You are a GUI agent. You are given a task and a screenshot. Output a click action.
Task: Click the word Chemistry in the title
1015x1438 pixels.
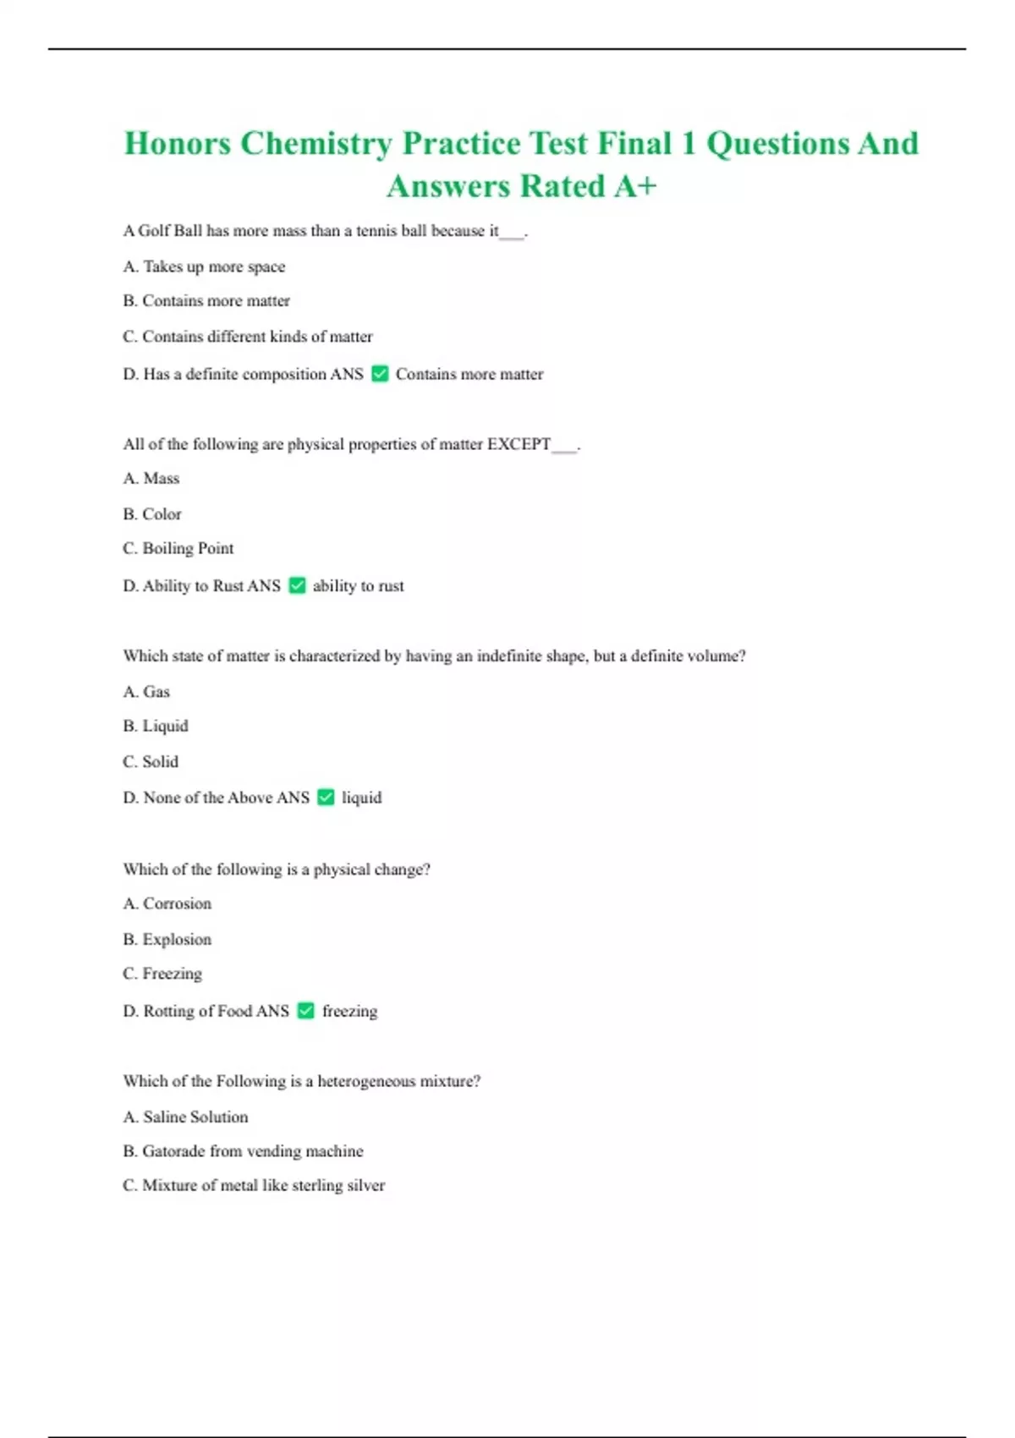click(315, 144)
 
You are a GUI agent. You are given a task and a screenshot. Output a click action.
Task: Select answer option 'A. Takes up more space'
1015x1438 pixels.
click(204, 266)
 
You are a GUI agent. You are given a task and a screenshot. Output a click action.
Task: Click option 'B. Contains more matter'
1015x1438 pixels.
click(206, 301)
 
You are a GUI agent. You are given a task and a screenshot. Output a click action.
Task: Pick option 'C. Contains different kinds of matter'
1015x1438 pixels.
click(248, 337)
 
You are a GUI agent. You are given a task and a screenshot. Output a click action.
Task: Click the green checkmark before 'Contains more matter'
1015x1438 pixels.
click(380, 374)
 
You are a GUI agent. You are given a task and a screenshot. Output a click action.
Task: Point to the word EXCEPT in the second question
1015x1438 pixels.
click(518, 444)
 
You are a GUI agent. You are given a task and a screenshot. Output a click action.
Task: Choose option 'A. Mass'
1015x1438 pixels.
click(151, 479)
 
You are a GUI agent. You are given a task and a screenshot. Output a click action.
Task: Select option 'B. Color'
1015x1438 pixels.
click(152, 514)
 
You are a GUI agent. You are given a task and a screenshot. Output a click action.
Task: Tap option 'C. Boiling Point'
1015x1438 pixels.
click(178, 548)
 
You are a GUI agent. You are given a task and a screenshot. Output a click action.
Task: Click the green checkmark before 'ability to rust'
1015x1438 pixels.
click(297, 585)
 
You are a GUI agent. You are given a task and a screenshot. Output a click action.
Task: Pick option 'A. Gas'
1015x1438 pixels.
click(146, 692)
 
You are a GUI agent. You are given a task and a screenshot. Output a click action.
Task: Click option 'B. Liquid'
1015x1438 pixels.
click(156, 726)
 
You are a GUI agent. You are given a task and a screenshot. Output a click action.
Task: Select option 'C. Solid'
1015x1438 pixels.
click(151, 761)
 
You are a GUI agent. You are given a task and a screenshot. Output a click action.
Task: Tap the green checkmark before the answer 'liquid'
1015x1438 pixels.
click(326, 797)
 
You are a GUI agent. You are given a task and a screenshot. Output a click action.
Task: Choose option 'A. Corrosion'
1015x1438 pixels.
click(167, 903)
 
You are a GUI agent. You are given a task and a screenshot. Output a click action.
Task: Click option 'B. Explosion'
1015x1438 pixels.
click(167, 939)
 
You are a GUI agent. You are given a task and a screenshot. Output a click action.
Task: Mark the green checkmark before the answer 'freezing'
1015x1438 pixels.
click(306, 1011)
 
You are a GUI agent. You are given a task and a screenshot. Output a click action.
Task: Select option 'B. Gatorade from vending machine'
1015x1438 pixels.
click(244, 1151)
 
